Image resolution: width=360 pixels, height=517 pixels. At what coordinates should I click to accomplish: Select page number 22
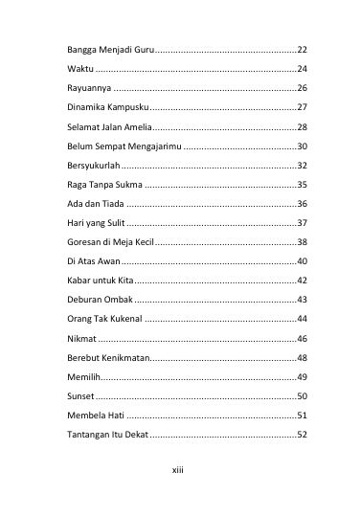(x=302, y=49)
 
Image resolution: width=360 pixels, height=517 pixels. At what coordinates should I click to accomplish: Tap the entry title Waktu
(x=67, y=70)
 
